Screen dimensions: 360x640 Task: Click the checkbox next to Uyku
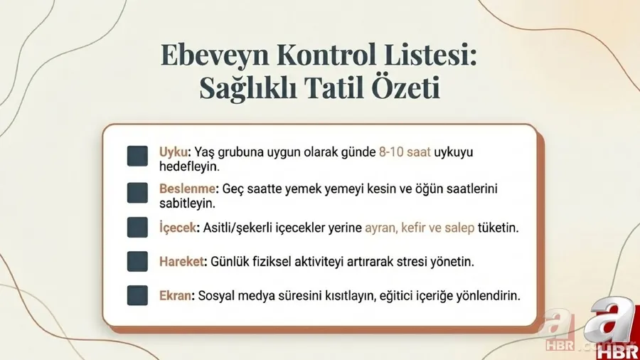coord(137,157)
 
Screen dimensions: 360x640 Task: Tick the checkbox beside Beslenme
coord(137,193)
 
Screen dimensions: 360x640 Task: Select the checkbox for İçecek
coord(137,228)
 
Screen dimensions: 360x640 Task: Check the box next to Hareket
coord(137,261)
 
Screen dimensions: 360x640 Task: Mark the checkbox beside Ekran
coord(137,295)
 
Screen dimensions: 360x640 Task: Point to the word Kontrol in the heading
coord(324,55)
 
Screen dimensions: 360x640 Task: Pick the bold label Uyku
coord(174,152)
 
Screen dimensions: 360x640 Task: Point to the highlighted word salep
coord(462,228)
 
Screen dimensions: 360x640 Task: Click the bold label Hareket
coord(183,261)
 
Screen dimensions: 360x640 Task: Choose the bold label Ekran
coord(176,295)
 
